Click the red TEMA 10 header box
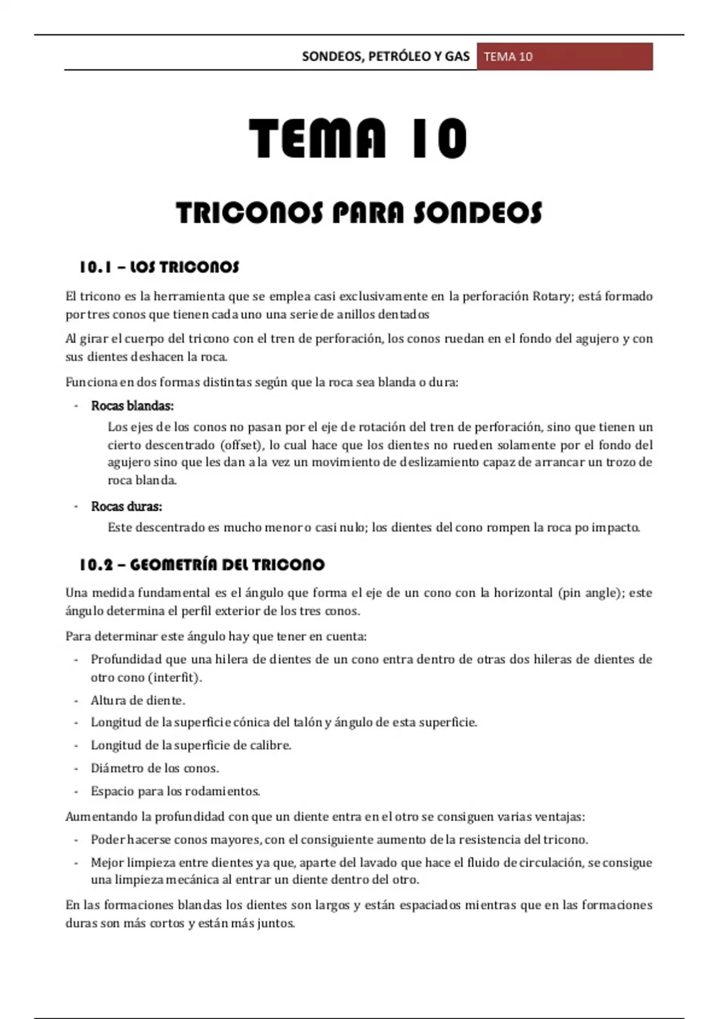click(x=564, y=56)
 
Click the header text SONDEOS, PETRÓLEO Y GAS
click(x=385, y=56)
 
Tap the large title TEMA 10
click(x=358, y=139)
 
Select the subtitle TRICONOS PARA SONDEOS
click(x=359, y=213)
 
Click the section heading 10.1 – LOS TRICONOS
click(x=159, y=267)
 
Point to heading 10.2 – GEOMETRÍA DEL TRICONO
click(x=202, y=565)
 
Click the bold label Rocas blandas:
click(x=132, y=406)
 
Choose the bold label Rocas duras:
click(x=126, y=507)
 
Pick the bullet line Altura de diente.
click(x=138, y=700)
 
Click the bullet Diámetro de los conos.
click(x=155, y=768)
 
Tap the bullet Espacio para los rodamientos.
click(x=175, y=791)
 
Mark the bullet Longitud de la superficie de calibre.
click(x=191, y=745)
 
